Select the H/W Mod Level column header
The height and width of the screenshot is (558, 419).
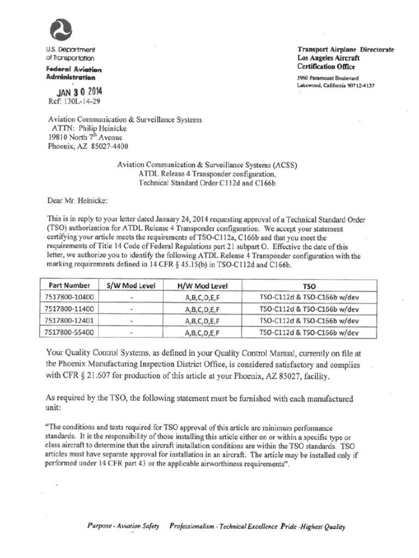[202, 285]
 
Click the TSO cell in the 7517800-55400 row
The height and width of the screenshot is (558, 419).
[309, 332]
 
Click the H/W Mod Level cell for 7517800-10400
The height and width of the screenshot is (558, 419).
[202, 297]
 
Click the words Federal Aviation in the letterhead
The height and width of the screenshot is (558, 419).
[74, 70]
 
